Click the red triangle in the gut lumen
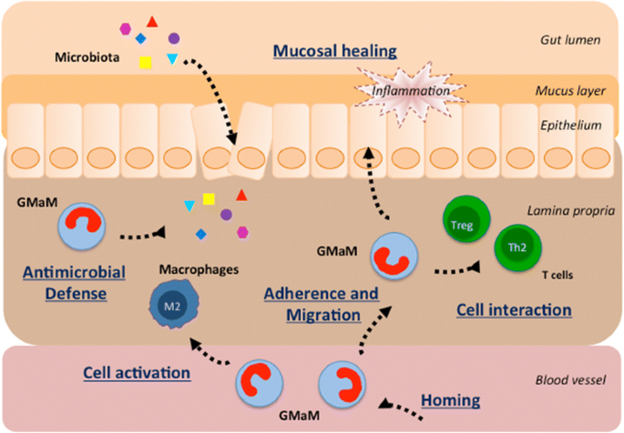click(x=153, y=21)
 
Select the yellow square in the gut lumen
click(x=145, y=63)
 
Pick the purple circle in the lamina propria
click(x=225, y=214)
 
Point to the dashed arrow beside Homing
click(x=401, y=408)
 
